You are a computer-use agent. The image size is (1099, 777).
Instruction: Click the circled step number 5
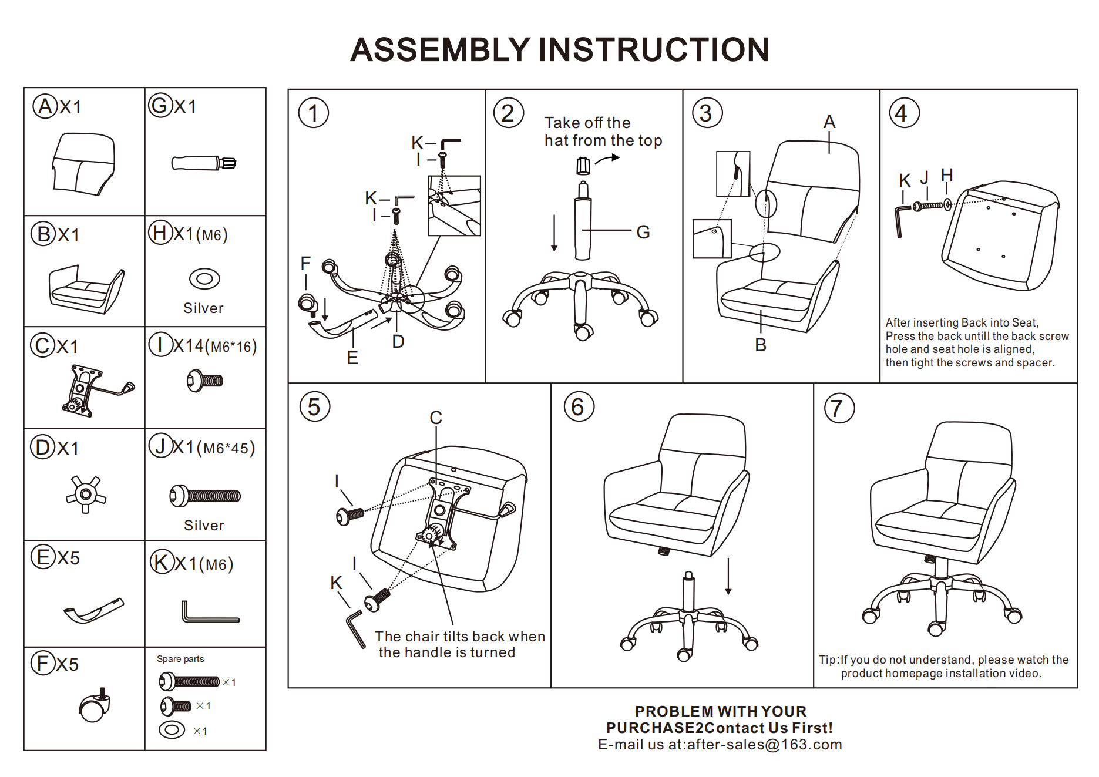coord(314,406)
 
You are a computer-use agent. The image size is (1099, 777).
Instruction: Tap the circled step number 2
coord(508,113)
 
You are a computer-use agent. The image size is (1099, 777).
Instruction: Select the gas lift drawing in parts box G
coord(203,163)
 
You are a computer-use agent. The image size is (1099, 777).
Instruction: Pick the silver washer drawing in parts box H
coord(204,278)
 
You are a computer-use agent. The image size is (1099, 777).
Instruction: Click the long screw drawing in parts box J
coord(205,496)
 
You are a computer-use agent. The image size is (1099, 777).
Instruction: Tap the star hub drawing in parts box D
coord(86,494)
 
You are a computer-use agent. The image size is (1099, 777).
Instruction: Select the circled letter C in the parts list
coord(42,345)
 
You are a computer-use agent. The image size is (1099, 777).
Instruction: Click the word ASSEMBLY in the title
coord(440,50)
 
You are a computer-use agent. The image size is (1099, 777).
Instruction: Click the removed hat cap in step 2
coord(583,166)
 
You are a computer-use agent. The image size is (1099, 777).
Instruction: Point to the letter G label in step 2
coord(643,232)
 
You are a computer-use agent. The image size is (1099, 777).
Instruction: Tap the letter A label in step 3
coord(829,122)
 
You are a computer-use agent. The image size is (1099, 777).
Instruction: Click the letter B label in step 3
coord(761,345)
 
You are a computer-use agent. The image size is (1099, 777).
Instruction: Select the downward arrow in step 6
coord(728,576)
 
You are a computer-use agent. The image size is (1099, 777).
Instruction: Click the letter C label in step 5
coord(435,418)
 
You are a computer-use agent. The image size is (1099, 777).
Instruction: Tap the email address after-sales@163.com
coord(764,745)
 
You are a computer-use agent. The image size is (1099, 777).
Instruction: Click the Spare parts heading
coord(180,659)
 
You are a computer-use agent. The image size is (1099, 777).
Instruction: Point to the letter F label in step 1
coord(305,263)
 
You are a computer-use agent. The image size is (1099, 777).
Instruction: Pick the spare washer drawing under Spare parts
coord(172,730)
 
